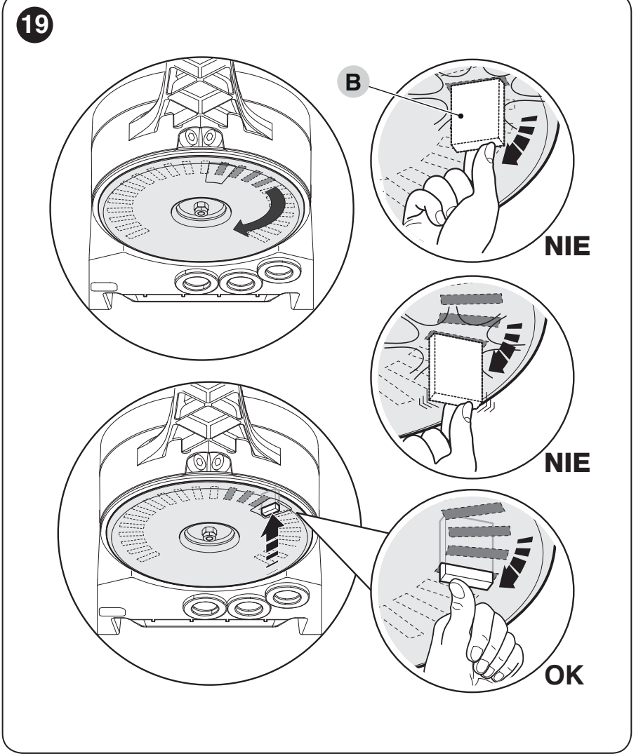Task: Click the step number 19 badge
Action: [34, 25]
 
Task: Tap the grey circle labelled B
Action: [352, 82]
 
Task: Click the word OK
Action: [564, 675]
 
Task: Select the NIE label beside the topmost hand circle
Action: [567, 246]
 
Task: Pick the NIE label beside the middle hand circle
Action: [567, 463]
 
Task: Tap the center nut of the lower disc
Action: [208, 533]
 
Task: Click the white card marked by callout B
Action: [477, 114]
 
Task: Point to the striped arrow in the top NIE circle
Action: [519, 140]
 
